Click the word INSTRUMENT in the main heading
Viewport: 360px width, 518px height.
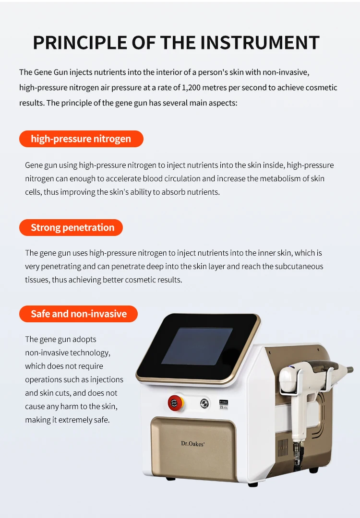pos(260,42)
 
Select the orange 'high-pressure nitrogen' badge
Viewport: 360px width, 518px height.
pos(81,139)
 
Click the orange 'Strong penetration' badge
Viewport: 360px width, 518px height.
pos(72,227)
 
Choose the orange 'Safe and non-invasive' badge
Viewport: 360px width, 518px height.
pos(79,314)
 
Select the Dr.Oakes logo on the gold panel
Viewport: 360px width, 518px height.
pos(193,444)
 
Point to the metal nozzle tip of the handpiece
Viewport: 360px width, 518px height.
pos(347,370)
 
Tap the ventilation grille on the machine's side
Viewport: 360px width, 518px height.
pos(283,446)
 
